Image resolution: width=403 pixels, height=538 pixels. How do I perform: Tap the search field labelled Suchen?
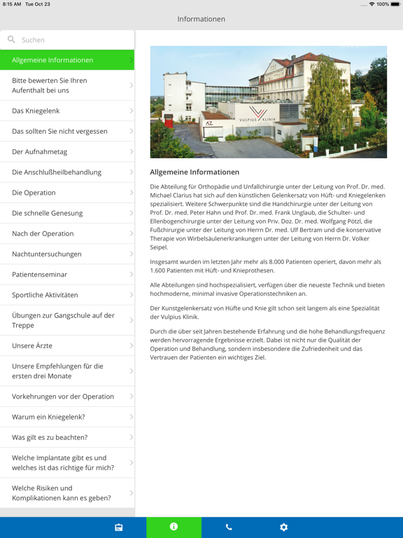pyautogui.click(x=70, y=40)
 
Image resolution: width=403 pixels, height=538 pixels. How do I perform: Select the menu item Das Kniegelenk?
pyautogui.click(x=67, y=111)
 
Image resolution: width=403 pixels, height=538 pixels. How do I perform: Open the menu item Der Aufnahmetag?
pyautogui.click(x=67, y=151)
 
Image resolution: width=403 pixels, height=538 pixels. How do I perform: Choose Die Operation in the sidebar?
pyautogui.click(x=67, y=193)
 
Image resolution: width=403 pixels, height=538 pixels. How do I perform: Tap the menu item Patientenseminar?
pyautogui.click(x=67, y=275)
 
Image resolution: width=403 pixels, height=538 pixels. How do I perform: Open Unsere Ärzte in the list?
pyautogui.click(x=67, y=346)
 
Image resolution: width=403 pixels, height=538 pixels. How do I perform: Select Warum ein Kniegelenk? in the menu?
pyautogui.click(x=67, y=417)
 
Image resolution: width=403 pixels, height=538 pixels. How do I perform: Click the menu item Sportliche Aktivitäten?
pyautogui.click(x=67, y=295)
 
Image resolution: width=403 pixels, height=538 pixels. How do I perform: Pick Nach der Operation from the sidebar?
pyautogui.click(x=67, y=233)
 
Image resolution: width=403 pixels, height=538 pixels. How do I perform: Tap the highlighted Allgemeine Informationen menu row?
pyautogui.click(x=67, y=60)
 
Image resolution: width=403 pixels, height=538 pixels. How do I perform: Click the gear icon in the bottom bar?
pyautogui.click(x=283, y=527)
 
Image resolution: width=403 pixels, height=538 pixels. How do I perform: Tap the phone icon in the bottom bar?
pyautogui.click(x=229, y=527)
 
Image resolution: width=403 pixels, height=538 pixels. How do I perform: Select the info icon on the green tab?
pyautogui.click(x=174, y=527)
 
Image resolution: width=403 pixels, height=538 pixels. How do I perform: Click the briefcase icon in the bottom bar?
pyautogui.click(x=119, y=527)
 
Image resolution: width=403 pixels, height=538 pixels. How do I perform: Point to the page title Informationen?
pyautogui.click(x=201, y=19)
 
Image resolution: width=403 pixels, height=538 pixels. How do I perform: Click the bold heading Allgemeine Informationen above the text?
pyautogui.click(x=195, y=172)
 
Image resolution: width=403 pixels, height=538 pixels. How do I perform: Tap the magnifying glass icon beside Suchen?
pyautogui.click(x=11, y=40)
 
